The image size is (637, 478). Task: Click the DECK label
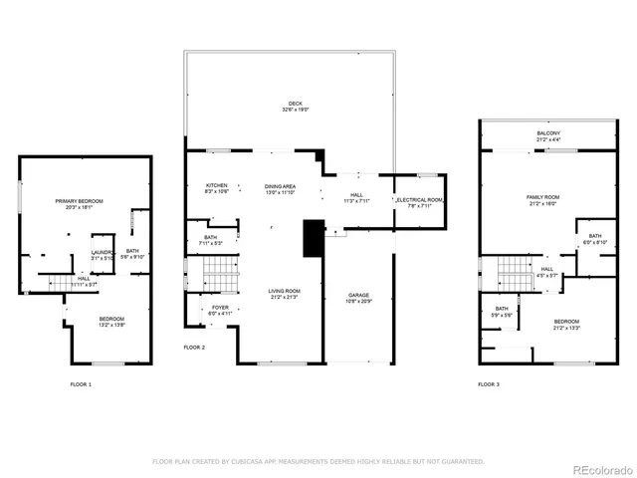295,103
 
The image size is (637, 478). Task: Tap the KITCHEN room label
217,185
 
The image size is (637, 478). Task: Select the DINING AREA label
280,185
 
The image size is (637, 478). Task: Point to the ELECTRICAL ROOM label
420,200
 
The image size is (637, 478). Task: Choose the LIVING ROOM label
284,291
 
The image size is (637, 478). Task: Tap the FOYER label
219,308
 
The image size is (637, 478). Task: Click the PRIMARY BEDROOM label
79,202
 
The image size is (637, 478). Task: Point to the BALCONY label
548,133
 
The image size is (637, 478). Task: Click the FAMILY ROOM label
543,197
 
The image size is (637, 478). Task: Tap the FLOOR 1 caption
81,383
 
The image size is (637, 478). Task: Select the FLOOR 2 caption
194,348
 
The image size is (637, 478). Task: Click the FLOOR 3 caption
489,383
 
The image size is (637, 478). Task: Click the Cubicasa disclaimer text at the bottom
318,462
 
